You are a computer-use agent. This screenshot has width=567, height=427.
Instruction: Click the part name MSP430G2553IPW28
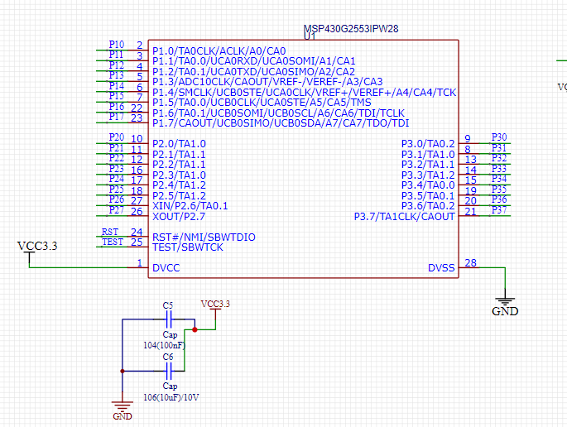click(x=352, y=28)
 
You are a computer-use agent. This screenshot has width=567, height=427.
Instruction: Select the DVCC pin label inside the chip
click(x=166, y=268)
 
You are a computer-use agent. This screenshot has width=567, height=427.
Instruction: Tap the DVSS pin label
click(x=440, y=268)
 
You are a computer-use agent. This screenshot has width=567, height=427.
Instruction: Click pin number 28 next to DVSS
click(x=470, y=263)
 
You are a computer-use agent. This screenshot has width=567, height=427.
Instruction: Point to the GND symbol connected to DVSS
click(x=505, y=302)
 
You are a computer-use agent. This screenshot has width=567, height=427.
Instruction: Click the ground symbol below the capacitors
click(x=123, y=406)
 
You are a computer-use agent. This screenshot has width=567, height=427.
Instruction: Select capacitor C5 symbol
click(x=168, y=319)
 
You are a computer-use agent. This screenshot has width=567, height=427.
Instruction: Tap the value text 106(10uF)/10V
click(x=171, y=397)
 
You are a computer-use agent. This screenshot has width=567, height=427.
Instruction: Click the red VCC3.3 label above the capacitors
click(x=215, y=304)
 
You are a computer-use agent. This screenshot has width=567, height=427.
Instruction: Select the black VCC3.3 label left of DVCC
click(x=37, y=246)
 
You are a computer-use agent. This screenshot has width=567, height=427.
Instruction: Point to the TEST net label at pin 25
click(x=112, y=242)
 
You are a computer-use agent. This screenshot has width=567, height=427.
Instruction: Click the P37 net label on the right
click(x=499, y=210)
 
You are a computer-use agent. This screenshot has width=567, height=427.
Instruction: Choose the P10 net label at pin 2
click(x=117, y=45)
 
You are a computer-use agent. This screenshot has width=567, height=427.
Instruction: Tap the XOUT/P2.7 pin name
click(x=179, y=216)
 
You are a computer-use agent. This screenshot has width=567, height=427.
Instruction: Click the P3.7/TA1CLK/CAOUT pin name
click(x=404, y=217)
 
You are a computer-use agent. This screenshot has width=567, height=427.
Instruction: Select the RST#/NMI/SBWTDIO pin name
click(x=204, y=237)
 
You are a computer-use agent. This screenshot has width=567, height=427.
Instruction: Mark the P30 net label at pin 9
click(x=499, y=137)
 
